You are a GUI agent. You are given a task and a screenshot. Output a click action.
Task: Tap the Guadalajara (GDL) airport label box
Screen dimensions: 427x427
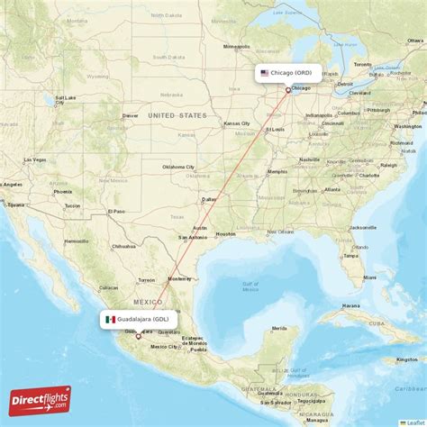coord(139,319)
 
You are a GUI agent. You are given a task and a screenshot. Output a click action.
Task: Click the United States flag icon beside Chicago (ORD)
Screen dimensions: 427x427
coord(264,72)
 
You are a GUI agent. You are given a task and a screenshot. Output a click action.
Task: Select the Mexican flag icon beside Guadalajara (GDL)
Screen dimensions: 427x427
coord(109,319)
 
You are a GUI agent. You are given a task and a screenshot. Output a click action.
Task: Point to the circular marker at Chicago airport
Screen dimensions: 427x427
coord(288,90)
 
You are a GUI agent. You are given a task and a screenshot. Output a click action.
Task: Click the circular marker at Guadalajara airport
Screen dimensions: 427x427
coord(138,335)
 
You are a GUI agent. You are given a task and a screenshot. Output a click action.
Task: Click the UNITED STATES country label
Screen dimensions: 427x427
coord(177,115)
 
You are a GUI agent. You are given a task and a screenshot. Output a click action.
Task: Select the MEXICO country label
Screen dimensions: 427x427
coord(148,302)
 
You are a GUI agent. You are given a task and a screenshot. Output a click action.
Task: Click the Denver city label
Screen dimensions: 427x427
coord(131,115)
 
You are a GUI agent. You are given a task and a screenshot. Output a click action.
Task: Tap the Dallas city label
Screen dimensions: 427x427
coord(209,199)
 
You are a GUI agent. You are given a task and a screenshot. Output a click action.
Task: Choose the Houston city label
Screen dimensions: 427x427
coord(224,233)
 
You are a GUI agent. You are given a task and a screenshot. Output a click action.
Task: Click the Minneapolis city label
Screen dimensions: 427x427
coord(236,46)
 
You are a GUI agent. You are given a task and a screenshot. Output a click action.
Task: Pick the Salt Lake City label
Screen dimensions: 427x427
coord(65,99)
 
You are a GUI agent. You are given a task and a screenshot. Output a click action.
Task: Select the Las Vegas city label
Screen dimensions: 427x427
coord(34,159)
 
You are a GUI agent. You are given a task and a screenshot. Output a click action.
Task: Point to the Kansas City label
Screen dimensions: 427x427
coord(236,123)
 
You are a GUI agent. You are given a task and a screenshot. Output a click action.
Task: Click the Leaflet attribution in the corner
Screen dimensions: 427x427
coord(413,422)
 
